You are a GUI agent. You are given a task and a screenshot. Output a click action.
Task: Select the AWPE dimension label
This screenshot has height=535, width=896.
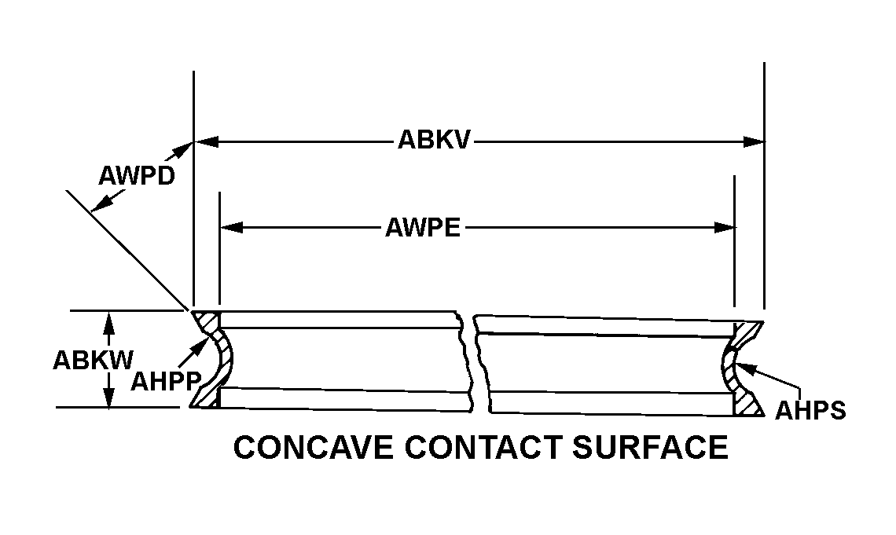pos(422,228)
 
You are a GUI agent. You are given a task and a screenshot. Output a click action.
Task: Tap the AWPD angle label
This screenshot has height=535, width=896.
pos(135,175)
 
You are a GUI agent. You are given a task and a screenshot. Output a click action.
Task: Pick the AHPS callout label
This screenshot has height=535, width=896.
pos(810,410)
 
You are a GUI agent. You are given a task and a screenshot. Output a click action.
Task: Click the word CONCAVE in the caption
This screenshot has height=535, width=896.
pos(313,448)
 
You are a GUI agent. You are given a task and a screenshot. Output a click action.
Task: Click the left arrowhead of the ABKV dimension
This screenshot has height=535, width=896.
pos(204,142)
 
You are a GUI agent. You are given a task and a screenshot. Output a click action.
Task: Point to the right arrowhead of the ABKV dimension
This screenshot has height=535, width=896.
pos(755,142)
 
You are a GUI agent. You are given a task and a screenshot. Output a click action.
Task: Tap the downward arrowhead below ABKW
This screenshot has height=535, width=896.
pos(109,398)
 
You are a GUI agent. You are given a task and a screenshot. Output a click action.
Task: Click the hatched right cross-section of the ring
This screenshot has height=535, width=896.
pos(740,369)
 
